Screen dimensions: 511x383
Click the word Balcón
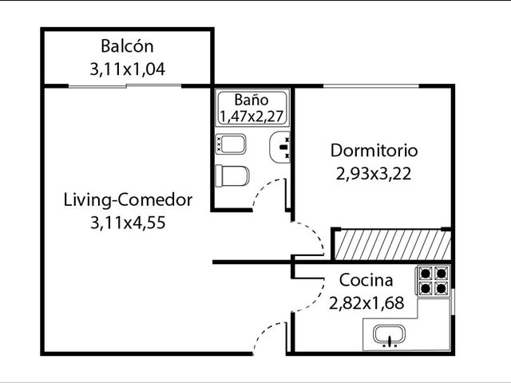click(x=127, y=46)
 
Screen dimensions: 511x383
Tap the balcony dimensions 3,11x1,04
click(x=128, y=69)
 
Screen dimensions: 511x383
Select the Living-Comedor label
click(x=128, y=199)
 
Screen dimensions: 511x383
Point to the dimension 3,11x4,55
click(x=128, y=223)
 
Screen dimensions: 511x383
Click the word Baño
click(x=252, y=100)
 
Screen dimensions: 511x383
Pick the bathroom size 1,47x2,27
click(x=252, y=116)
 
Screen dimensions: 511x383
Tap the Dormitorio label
click(x=374, y=151)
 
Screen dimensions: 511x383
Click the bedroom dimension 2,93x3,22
click(x=374, y=174)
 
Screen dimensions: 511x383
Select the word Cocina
click(x=366, y=280)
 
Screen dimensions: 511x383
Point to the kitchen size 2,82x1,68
click(x=366, y=303)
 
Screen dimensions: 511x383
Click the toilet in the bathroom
click(x=232, y=176)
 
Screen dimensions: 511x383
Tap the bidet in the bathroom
click(x=231, y=144)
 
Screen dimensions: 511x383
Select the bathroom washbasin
click(x=279, y=147)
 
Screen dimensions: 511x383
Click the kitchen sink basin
click(x=389, y=335)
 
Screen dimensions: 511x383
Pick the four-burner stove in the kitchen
click(x=433, y=281)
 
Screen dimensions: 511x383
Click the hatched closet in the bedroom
click(x=393, y=245)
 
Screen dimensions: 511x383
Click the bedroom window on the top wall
click(x=371, y=86)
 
